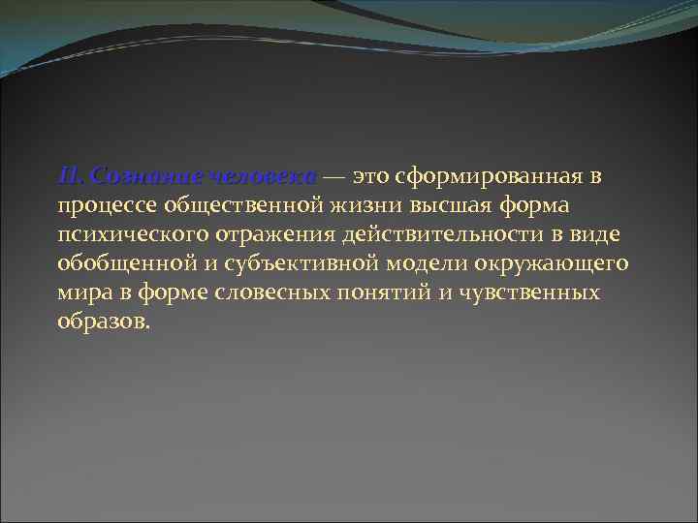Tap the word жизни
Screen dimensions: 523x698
(x=366, y=206)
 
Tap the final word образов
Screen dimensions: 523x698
(x=103, y=323)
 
